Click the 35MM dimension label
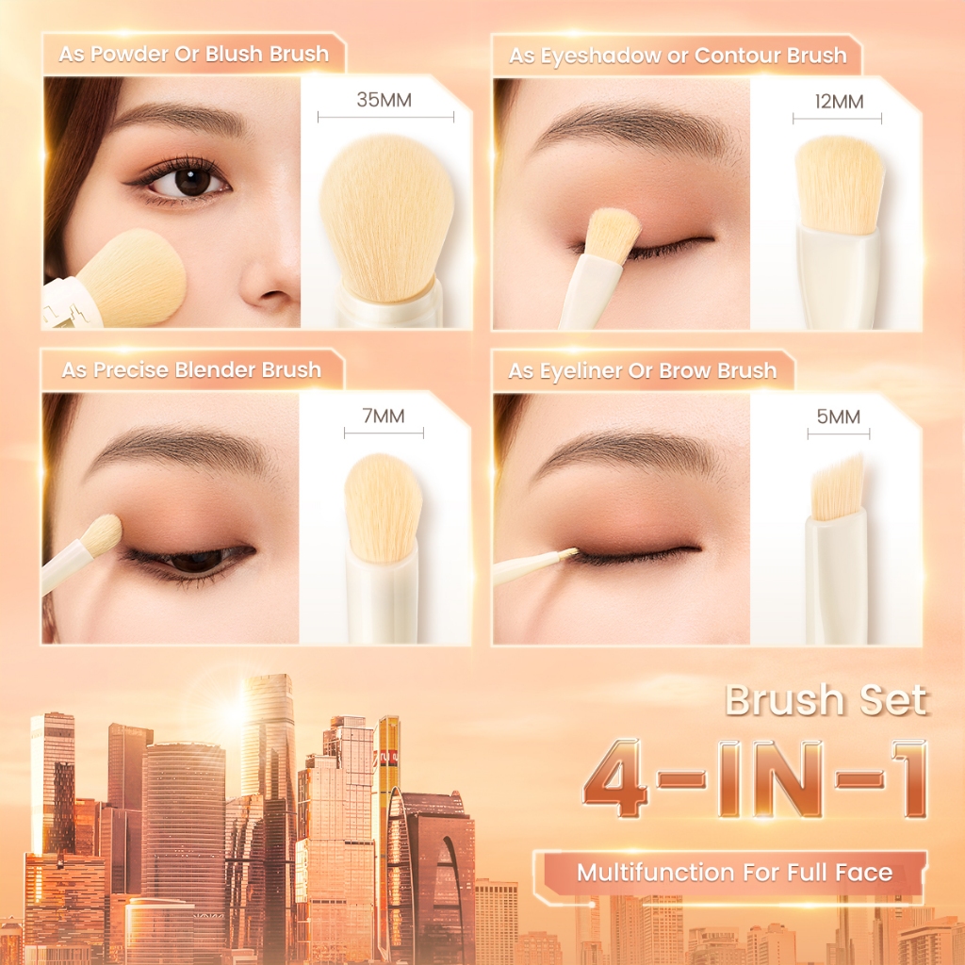tap(384, 100)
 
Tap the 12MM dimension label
tap(839, 101)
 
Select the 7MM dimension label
tap(384, 416)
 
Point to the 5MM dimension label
tap(838, 417)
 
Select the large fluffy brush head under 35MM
tap(386, 219)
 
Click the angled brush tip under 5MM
tap(838, 488)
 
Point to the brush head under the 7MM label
tap(383, 508)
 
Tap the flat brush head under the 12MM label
tap(840, 185)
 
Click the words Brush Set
tap(826, 700)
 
